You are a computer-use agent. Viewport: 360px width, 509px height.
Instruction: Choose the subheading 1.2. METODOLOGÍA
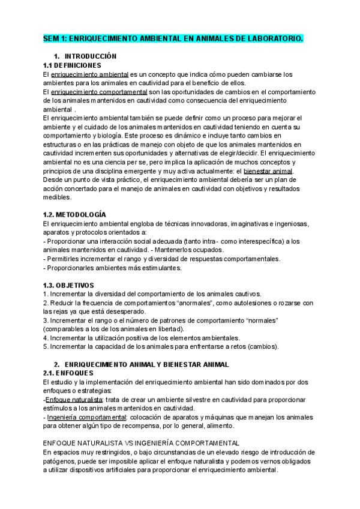75,214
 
